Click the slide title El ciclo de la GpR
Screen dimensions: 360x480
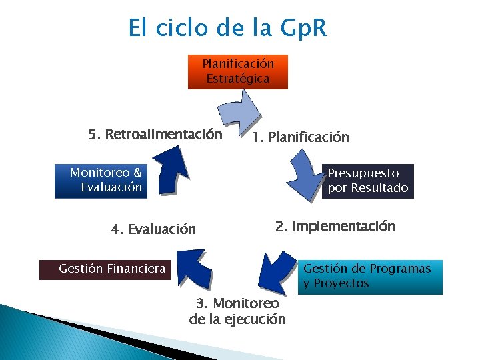(x=227, y=29)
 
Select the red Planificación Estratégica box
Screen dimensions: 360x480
(x=238, y=71)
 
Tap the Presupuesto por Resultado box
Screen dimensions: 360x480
(x=367, y=181)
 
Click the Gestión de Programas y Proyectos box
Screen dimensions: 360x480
(x=370, y=277)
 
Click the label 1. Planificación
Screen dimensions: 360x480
(x=300, y=137)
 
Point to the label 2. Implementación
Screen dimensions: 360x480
(x=335, y=226)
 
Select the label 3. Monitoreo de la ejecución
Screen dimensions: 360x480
(x=237, y=311)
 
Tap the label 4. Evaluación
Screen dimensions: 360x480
(x=153, y=229)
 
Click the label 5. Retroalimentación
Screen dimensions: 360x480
(x=155, y=135)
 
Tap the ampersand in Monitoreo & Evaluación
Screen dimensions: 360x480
(x=137, y=173)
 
